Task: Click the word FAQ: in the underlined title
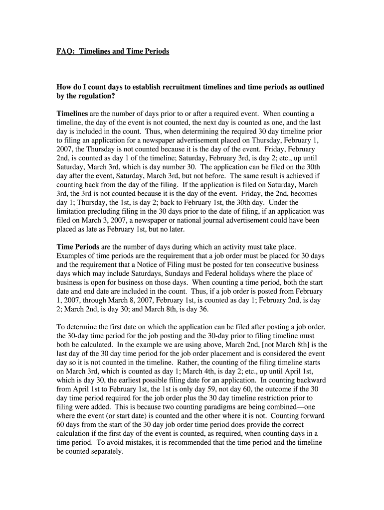point(64,51)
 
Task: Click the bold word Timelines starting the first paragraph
point(72,114)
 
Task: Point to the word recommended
point(179,442)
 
